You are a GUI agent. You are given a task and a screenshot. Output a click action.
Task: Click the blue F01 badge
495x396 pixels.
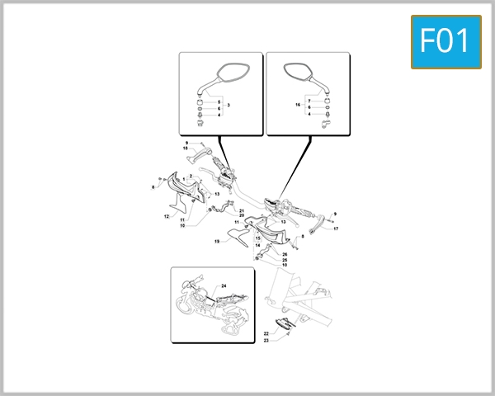click(x=445, y=42)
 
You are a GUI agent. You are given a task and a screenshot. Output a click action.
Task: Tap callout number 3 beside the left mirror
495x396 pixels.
click(x=228, y=106)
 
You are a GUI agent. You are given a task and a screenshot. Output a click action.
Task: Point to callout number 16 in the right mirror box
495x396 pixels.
click(x=297, y=106)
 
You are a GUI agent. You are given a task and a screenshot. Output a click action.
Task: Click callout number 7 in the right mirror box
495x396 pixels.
click(x=309, y=101)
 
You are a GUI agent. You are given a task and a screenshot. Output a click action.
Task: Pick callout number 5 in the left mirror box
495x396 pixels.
click(x=219, y=101)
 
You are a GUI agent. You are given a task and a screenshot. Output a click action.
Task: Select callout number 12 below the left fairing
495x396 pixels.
click(x=166, y=217)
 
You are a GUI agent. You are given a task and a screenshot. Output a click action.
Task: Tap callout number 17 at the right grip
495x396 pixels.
click(x=336, y=229)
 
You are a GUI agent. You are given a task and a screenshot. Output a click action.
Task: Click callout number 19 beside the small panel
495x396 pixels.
click(x=216, y=242)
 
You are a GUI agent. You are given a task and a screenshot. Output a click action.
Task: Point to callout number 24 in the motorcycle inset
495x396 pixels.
click(x=224, y=285)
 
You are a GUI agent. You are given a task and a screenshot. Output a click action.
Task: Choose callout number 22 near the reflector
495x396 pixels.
click(x=266, y=333)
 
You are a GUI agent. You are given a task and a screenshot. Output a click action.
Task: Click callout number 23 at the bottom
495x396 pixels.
click(x=266, y=341)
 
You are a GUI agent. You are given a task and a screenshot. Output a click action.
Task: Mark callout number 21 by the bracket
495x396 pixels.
click(x=242, y=210)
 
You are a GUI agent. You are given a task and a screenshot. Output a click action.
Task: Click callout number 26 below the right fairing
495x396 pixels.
click(x=285, y=254)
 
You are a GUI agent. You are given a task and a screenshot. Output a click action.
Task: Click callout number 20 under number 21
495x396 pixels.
click(x=242, y=215)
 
